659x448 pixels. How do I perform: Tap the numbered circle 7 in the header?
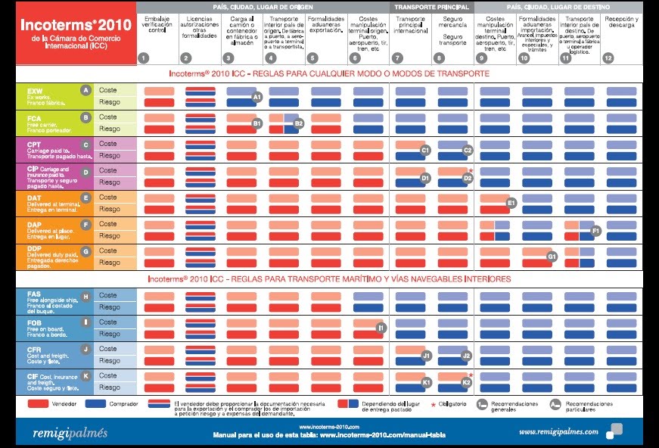(x=398, y=58)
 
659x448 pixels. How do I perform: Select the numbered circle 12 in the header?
(x=608, y=58)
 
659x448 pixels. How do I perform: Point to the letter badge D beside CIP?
(x=86, y=171)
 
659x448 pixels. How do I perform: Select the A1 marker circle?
(x=256, y=97)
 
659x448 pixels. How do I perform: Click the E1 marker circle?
(x=511, y=203)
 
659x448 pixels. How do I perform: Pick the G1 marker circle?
(x=552, y=257)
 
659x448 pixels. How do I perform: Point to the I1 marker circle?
(x=382, y=328)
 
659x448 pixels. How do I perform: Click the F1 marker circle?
(x=595, y=230)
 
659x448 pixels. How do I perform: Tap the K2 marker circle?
(x=467, y=382)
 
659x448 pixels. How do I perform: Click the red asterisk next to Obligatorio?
(x=434, y=406)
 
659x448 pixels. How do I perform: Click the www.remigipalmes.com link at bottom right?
(x=558, y=432)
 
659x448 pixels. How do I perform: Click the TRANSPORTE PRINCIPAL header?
(x=431, y=7)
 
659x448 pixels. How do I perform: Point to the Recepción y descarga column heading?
(x=621, y=22)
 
